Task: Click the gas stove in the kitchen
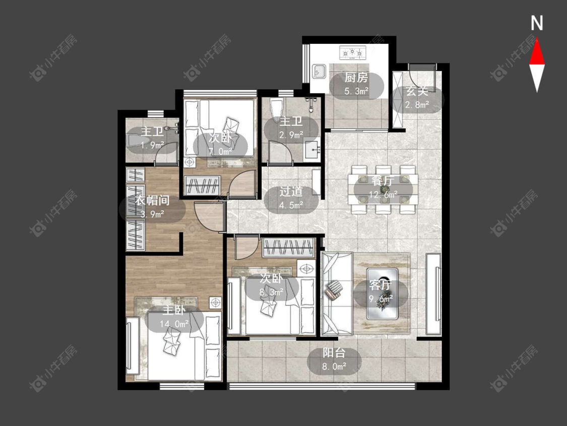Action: [x=353, y=53]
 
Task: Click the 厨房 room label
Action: [x=356, y=78]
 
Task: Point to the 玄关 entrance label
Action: [x=417, y=91]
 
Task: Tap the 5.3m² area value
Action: [x=356, y=91]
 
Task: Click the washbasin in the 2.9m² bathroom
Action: [x=311, y=149]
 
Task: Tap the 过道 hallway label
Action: [x=291, y=192]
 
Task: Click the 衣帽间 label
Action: [x=153, y=200]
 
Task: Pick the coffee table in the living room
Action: [x=382, y=293]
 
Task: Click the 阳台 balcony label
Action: [x=334, y=353]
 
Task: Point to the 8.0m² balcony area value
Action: [x=334, y=366]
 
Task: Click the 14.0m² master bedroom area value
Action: [x=174, y=324]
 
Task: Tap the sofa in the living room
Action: [x=337, y=293]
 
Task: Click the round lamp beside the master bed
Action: [x=216, y=302]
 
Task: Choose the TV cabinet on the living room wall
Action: [x=433, y=294]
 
